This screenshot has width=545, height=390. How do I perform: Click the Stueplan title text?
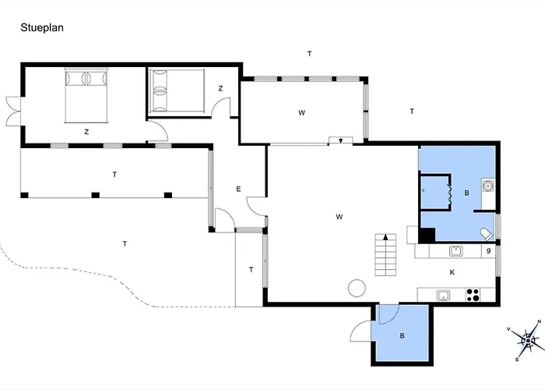(x=42, y=28)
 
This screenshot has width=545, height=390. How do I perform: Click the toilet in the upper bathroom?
(x=487, y=234)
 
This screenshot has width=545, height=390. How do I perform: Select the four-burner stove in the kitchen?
(x=473, y=295)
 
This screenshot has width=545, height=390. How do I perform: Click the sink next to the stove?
(x=444, y=296)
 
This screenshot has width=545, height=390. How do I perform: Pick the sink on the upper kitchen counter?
(x=455, y=250)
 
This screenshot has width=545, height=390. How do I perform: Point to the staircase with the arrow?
(x=385, y=254)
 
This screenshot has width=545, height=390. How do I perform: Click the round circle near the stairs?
(x=357, y=289)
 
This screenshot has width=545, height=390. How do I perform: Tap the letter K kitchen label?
(x=452, y=272)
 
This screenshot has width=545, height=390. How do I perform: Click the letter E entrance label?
(x=238, y=189)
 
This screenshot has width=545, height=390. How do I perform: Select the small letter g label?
(x=489, y=250)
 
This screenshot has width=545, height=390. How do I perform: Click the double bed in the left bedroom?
(x=86, y=95)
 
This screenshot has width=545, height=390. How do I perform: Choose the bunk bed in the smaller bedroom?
(x=176, y=90)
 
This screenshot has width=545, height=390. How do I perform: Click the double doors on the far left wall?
(x=14, y=111)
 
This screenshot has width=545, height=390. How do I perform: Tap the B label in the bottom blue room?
(x=403, y=336)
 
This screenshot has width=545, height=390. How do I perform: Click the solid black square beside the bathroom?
(x=427, y=235)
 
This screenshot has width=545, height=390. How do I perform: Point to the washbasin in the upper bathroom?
(x=488, y=186)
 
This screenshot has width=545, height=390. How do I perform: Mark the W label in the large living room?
(x=339, y=217)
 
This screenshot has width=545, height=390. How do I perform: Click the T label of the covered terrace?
(x=114, y=175)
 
